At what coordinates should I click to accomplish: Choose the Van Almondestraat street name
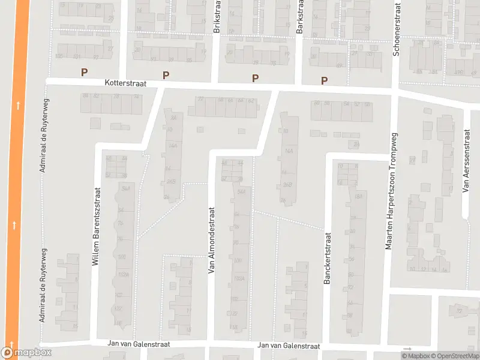pos(211,240)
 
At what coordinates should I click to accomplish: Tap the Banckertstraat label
pos(328,259)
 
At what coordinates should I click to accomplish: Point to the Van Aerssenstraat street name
pos(466,161)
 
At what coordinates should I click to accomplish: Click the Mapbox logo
pos(26,353)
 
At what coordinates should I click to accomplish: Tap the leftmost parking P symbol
pos(85,72)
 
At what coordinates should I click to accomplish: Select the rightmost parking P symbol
pos(325,80)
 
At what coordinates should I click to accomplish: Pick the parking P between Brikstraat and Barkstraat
pos(255,78)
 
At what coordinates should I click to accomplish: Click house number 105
pos(59,56)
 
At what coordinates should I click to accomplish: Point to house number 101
pos(77,57)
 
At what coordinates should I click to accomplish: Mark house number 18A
pos(359,196)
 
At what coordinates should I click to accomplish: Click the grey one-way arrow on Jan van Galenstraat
pos(408,349)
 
